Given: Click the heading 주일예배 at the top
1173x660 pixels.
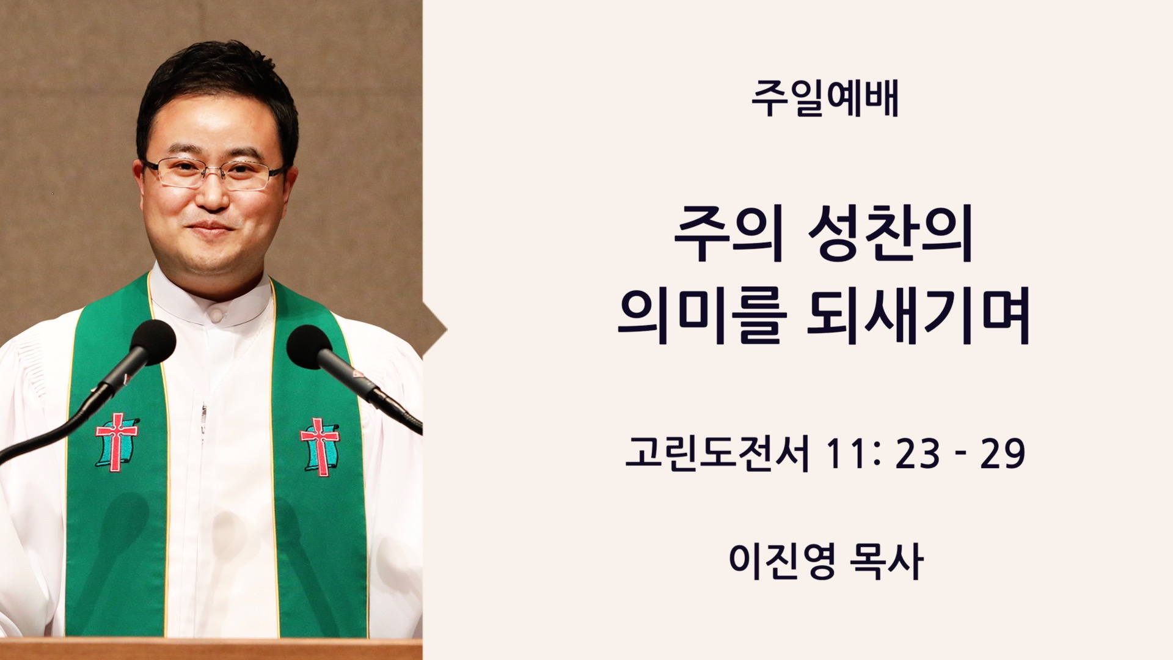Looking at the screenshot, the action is (x=825, y=99).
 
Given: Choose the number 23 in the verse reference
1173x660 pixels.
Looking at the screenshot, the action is (x=917, y=455).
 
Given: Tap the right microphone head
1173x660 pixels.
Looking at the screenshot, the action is (x=310, y=346).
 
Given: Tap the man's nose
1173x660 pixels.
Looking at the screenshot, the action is (x=211, y=193).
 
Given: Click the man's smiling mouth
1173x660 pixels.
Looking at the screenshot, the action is (x=211, y=230).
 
